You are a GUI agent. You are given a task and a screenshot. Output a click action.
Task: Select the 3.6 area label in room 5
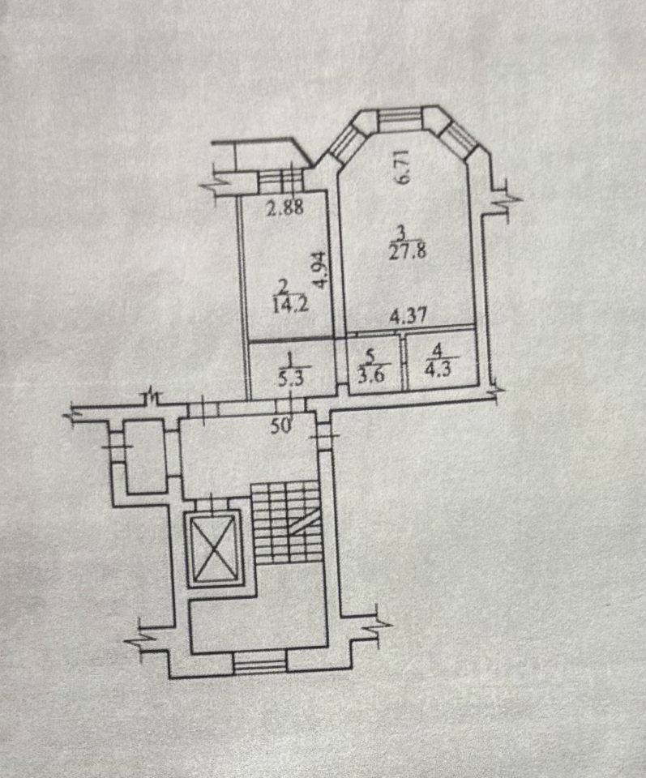370,374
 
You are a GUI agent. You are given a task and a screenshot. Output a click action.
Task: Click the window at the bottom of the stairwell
261,664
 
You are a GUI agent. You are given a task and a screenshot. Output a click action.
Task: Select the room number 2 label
283,285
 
